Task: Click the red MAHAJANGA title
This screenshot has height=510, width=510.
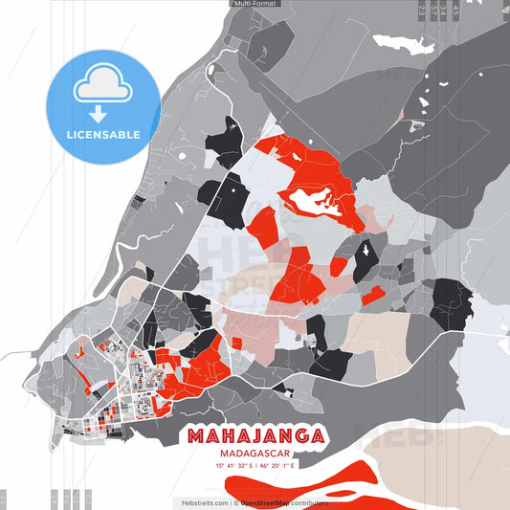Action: (255, 436)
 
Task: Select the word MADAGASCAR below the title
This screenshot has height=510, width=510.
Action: (255, 454)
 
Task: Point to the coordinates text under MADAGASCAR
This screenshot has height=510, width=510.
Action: (255, 466)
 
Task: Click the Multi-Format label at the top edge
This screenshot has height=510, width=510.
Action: (255, 4)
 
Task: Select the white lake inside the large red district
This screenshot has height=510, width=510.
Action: (317, 200)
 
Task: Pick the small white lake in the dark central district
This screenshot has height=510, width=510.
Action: (366, 252)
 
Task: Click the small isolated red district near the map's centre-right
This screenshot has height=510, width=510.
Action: (372, 295)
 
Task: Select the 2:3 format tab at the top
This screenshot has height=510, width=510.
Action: (422, 11)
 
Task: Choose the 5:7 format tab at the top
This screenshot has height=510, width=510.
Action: (455, 11)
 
